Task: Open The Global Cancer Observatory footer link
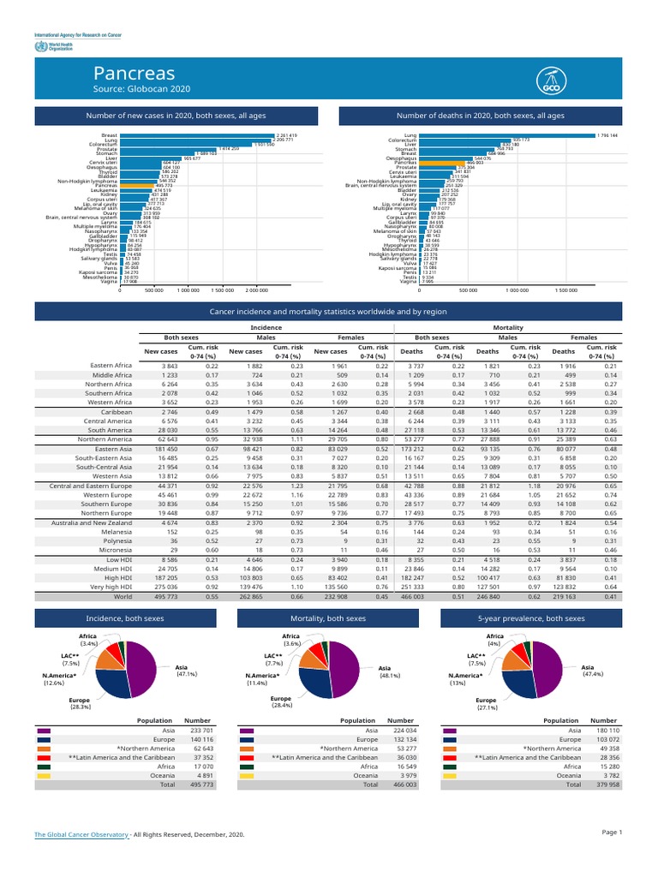[81, 834]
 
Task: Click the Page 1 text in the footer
[611, 832]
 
